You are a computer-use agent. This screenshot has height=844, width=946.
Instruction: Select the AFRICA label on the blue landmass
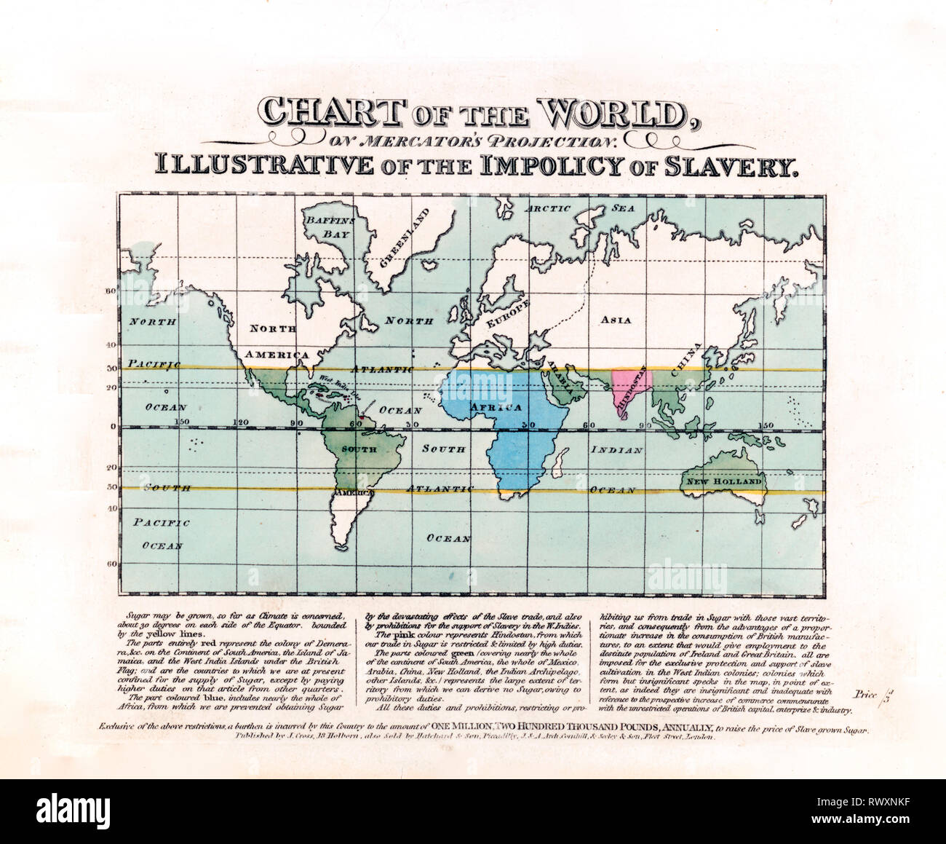pyautogui.click(x=496, y=407)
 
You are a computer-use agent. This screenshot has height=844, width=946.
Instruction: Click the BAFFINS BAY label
pyautogui.click(x=329, y=226)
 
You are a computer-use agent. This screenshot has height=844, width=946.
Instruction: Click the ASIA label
pyautogui.click(x=616, y=320)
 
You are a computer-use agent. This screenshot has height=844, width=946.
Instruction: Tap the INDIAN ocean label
pyautogui.click(x=616, y=450)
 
